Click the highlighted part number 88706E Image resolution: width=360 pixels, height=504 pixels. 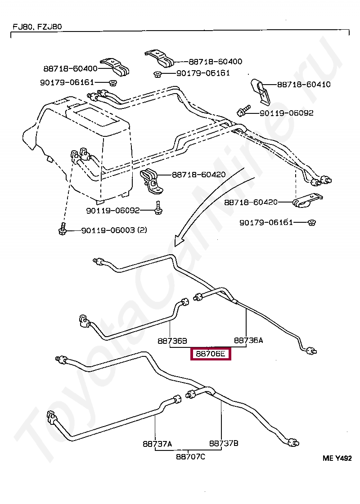click(x=211, y=354)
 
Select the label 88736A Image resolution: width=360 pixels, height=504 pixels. click(x=248, y=341)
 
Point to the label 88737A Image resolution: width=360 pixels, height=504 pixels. click(x=157, y=444)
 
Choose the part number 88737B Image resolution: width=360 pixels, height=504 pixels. click(x=224, y=444)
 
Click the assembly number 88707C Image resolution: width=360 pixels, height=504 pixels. click(x=190, y=457)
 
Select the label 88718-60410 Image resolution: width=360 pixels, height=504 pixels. click(x=304, y=84)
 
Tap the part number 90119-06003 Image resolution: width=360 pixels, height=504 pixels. click(x=108, y=230)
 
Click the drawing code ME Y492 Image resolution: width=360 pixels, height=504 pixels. click(x=337, y=458)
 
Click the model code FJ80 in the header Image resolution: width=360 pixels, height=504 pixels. click(x=21, y=27)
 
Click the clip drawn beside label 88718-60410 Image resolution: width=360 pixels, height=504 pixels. click(x=260, y=89)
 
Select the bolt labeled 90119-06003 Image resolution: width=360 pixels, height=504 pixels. click(x=63, y=229)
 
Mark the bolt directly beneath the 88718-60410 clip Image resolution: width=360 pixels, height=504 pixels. click(x=243, y=109)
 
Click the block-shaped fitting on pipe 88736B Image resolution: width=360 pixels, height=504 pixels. click(x=83, y=320)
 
